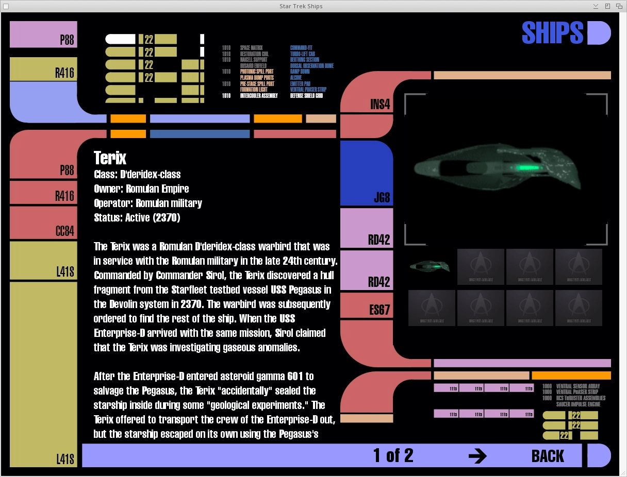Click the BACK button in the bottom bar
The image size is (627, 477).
click(547, 456)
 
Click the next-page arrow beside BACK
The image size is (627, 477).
click(477, 456)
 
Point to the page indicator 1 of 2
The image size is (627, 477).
click(393, 455)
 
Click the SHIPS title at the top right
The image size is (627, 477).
click(552, 33)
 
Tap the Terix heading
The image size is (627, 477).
click(110, 158)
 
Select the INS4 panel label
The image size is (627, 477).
click(381, 105)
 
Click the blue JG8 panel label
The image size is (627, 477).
click(382, 197)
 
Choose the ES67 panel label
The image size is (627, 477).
click(379, 310)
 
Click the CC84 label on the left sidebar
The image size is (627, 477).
click(65, 231)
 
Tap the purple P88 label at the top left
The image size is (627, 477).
click(67, 40)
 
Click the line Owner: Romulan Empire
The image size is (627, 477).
click(141, 189)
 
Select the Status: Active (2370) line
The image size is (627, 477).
click(137, 217)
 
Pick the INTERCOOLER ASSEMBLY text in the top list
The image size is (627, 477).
click(259, 96)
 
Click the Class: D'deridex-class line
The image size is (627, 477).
click(137, 174)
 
